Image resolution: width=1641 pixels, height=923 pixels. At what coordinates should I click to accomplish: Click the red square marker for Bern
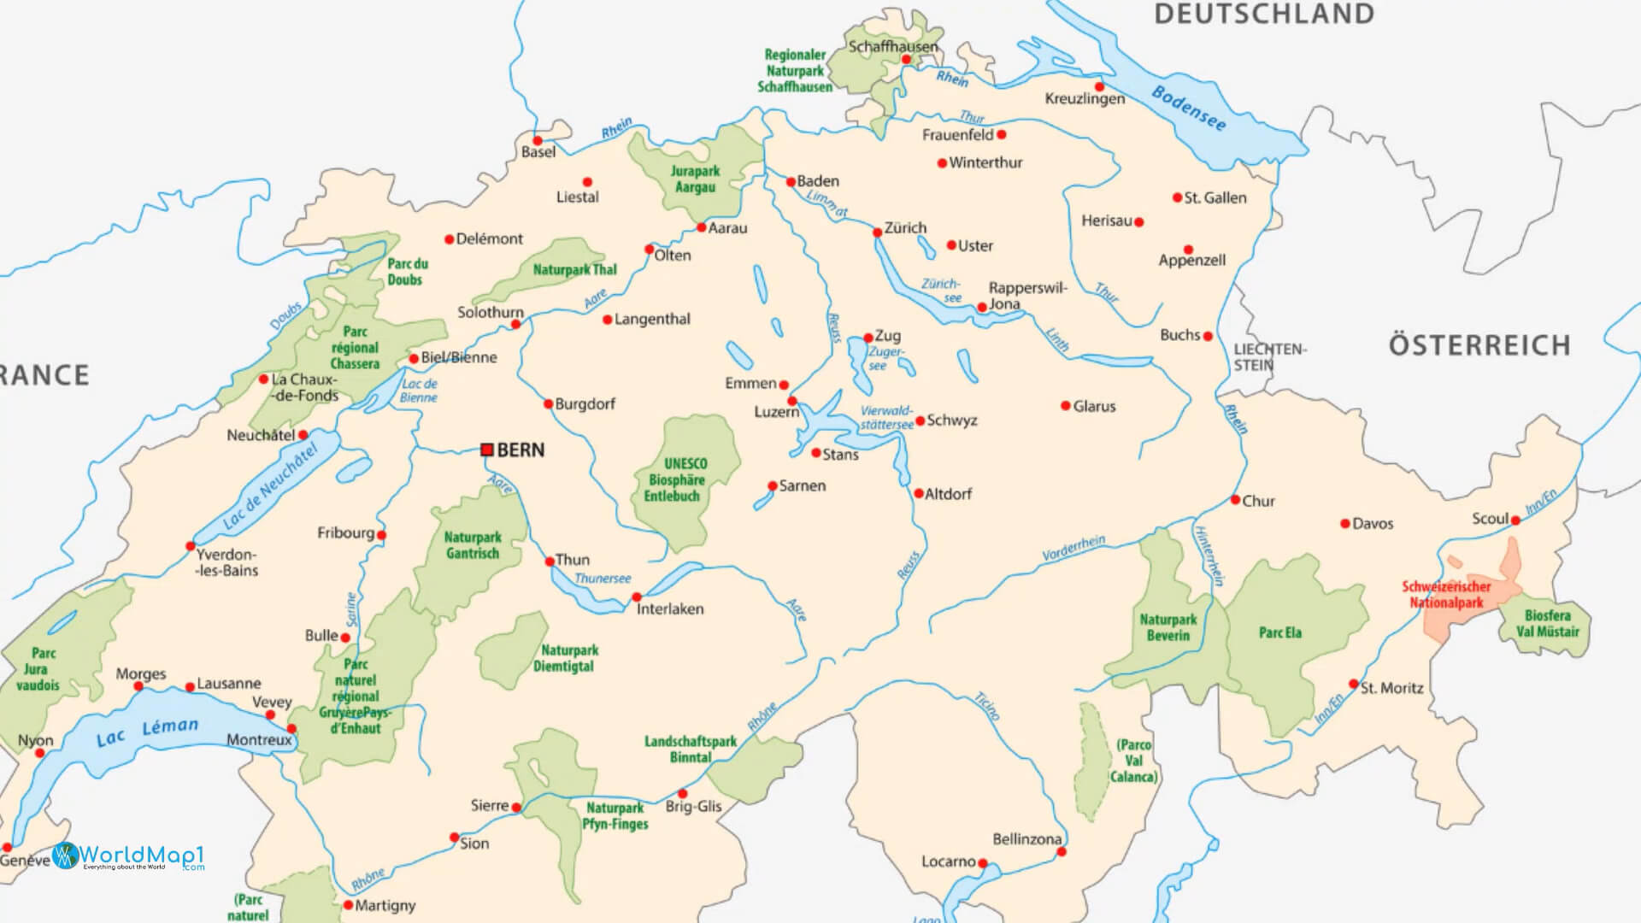[x=487, y=450]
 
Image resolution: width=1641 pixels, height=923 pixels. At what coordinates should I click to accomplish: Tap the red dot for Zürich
[x=877, y=232]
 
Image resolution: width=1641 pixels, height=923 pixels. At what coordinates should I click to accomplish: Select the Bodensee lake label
[x=1189, y=109]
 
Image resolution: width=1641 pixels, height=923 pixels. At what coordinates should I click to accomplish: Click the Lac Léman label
[x=147, y=732]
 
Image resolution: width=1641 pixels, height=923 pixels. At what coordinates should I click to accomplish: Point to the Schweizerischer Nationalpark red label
[x=1446, y=595]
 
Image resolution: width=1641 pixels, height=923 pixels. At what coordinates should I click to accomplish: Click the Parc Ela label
[x=1279, y=632]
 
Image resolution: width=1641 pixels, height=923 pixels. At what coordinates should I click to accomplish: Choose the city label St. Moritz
[x=1391, y=688]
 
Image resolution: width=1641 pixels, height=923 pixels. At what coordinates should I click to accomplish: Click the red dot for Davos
[x=1345, y=524]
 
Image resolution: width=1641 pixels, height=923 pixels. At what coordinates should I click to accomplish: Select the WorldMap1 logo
[x=128, y=855]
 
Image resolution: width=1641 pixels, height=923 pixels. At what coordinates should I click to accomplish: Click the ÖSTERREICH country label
[x=1479, y=345]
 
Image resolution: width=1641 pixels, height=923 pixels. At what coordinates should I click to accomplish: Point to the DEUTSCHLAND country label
[x=1264, y=15]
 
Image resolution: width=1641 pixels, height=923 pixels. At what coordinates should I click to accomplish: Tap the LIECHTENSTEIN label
[x=1269, y=357]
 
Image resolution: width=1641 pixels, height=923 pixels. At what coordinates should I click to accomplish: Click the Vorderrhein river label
[x=1073, y=549]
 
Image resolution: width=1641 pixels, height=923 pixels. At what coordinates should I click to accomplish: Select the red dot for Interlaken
[x=636, y=597]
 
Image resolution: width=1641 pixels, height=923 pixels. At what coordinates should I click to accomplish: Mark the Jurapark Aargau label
[x=695, y=179]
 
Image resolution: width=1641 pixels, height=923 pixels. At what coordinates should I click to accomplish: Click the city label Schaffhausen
[x=892, y=46]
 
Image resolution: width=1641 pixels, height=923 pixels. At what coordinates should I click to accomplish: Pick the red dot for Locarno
[x=983, y=863]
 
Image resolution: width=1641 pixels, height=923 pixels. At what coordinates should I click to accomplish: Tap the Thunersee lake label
[x=603, y=579]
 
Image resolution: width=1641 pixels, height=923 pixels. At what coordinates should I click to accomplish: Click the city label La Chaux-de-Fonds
[x=304, y=387]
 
